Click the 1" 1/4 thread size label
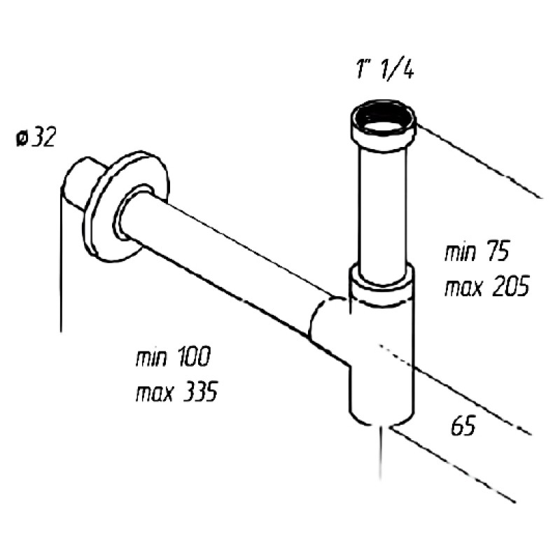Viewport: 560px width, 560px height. [385, 69]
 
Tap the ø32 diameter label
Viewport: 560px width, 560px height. [36, 137]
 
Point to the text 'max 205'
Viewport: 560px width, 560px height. [486, 286]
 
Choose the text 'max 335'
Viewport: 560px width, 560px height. [177, 391]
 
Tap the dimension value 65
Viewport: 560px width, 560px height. [463, 426]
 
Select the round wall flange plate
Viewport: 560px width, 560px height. [126, 206]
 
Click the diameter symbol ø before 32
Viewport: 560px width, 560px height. [21, 138]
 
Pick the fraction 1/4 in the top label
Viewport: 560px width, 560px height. [397, 69]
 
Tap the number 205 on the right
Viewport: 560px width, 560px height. [511, 286]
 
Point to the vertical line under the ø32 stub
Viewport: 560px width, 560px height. [61, 260]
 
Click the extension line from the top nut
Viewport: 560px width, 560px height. [480, 161]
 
